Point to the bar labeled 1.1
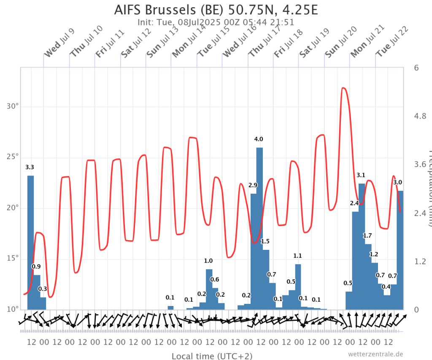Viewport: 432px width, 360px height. [x=298, y=287]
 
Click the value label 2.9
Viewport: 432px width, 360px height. [x=253, y=185]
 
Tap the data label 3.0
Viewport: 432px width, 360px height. [x=397, y=182]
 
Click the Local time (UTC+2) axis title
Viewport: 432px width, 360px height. [x=212, y=356]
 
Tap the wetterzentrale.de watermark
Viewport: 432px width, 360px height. [x=376, y=354]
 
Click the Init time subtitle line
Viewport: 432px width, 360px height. [x=216, y=22]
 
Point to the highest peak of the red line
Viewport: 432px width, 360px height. [x=343, y=88]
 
